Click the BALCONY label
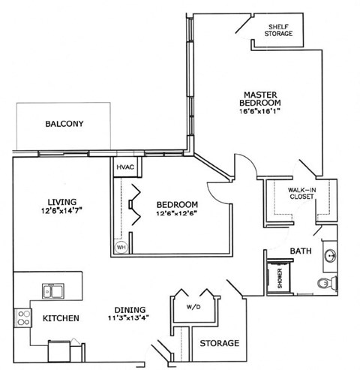(x=63, y=124)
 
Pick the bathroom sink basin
(x=331, y=254)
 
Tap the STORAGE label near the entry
(x=219, y=343)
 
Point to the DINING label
(x=130, y=310)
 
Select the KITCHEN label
(x=61, y=319)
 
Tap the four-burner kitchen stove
(x=22, y=317)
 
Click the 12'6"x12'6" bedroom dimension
(x=178, y=215)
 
